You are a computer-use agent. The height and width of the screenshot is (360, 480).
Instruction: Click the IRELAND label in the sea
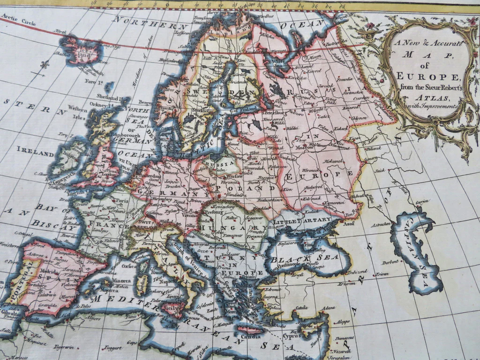pos(35,153)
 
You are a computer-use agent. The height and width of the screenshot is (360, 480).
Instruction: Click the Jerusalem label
pos(340,357)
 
